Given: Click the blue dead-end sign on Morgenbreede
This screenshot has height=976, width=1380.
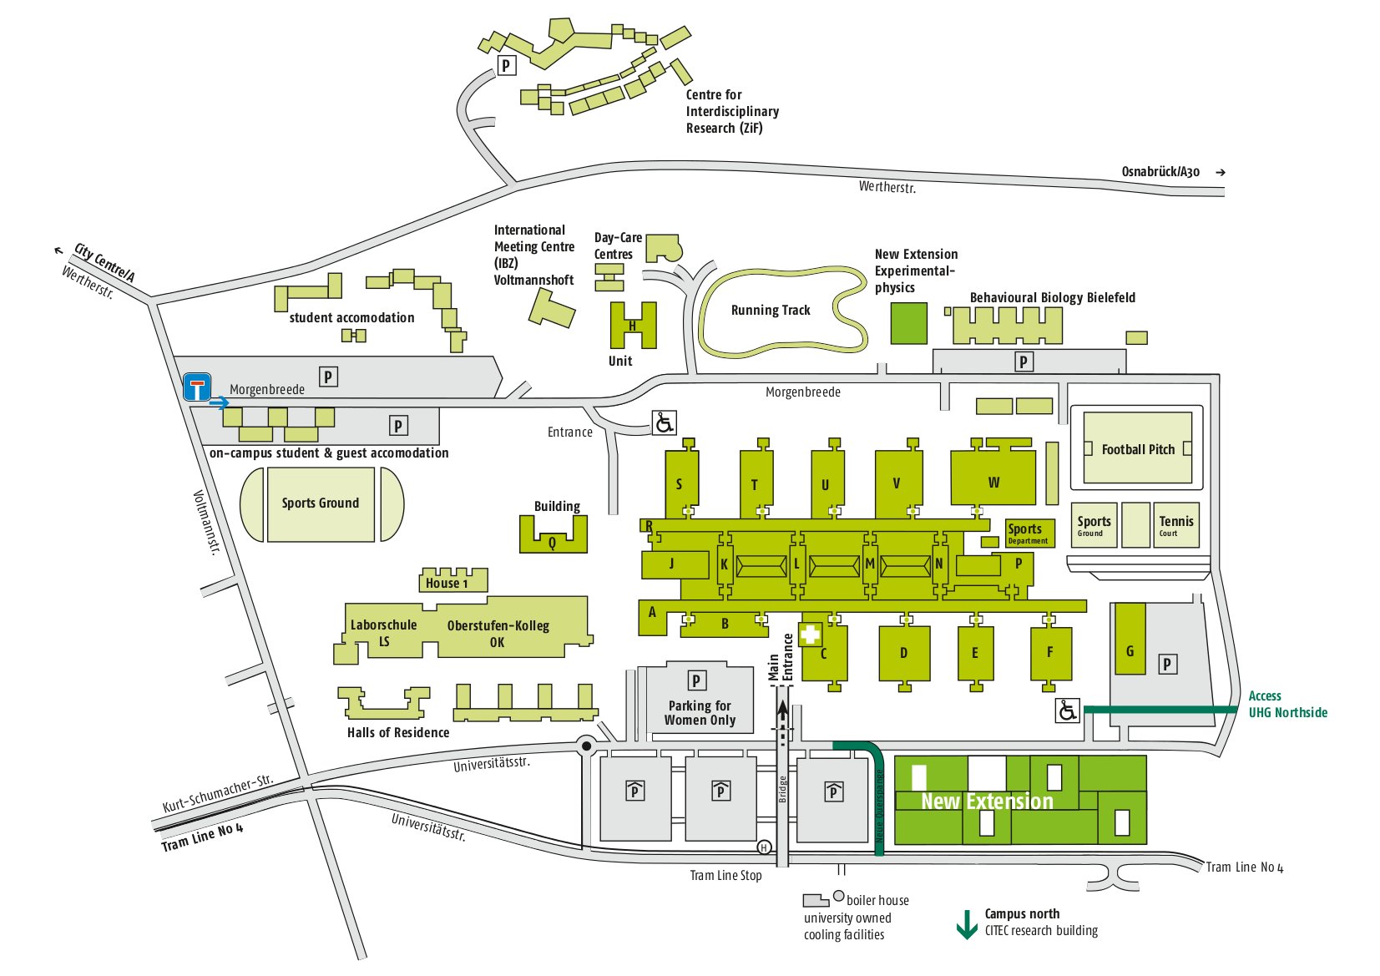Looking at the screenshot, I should click(197, 387).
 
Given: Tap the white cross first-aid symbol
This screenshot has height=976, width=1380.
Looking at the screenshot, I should click(810, 635).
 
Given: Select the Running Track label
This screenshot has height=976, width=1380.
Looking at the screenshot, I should click(770, 311).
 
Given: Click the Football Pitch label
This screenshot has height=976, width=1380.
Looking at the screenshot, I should click(1137, 449).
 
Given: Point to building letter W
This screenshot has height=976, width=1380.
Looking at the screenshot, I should click(993, 482).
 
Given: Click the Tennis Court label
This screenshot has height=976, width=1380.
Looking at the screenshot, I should click(1175, 524).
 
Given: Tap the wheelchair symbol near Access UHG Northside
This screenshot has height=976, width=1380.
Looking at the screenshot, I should click(1068, 711).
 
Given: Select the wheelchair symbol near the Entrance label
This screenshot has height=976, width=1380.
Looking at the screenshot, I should click(664, 422).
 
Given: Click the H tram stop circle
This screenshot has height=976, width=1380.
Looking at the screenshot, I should click(764, 848).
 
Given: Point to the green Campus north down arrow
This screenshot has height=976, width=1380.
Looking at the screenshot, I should click(966, 923).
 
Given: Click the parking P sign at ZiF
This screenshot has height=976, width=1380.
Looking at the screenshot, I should click(506, 65).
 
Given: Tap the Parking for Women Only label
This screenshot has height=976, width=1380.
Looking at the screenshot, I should click(700, 712).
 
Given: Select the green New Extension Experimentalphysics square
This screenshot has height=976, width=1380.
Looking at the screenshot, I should click(908, 323).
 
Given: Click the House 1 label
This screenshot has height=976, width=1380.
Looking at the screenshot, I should click(447, 583).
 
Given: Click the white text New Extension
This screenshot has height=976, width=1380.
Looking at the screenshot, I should click(987, 802).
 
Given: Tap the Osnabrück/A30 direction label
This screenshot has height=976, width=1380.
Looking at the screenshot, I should click(1160, 172).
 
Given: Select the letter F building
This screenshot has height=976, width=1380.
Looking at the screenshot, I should click(1049, 652).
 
